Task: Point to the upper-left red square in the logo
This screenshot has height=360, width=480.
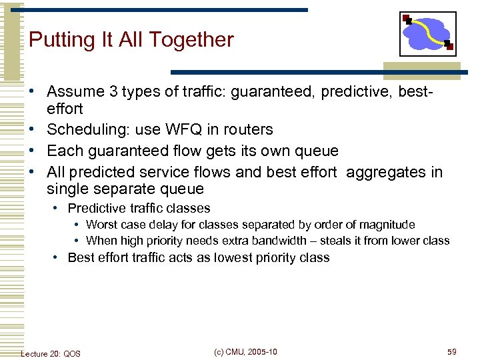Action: [x=406, y=18]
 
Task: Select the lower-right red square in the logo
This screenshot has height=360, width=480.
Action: [x=450, y=47]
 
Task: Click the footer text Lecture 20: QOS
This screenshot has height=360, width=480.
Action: [x=51, y=353]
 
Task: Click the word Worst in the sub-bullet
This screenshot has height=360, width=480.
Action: [x=101, y=225]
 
